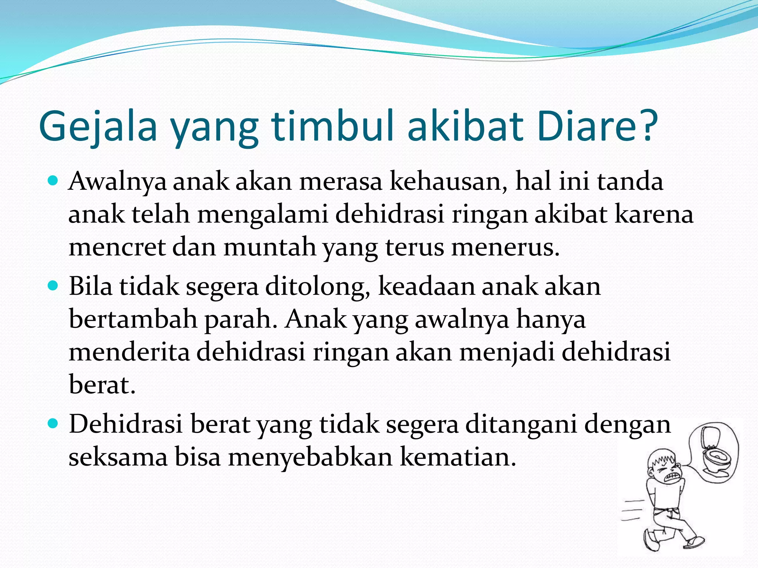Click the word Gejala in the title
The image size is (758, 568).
[x=98, y=126]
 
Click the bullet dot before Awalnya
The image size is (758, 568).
[x=54, y=181]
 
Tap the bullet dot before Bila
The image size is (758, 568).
[x=54, y=286]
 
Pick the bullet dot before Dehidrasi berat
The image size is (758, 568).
[x=54, y=424]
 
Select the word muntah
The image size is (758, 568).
[x=269, y=247]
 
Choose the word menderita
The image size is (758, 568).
[x=129, y=352]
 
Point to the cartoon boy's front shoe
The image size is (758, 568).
[x=694, y=542]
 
